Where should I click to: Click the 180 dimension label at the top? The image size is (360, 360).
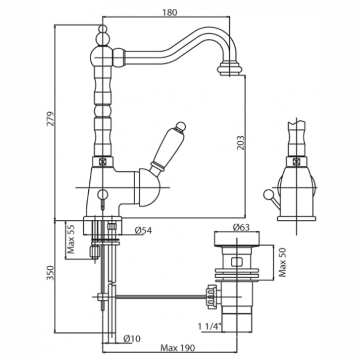pyautogui.click(x=170, y=13)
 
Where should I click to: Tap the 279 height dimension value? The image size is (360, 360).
pyautogui.click(x=50, y=119)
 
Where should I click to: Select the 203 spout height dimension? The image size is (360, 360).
pyautogui.click(x=241, y=143)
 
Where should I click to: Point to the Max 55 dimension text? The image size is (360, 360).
pyautogui.click(x=71, y=239)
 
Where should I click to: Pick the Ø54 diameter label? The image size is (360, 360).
pyautogui.click(x=143, y=230)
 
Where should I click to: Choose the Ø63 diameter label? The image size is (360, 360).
pyautogui.click(x=241, y=227)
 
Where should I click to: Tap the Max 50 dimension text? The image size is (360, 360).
pyautogui.click(x=282, y=262)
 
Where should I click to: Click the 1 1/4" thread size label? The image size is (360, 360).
pyautogui.click(x=210, y=326)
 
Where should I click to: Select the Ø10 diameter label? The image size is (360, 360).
pyautogui.click(x=131, y=338)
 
